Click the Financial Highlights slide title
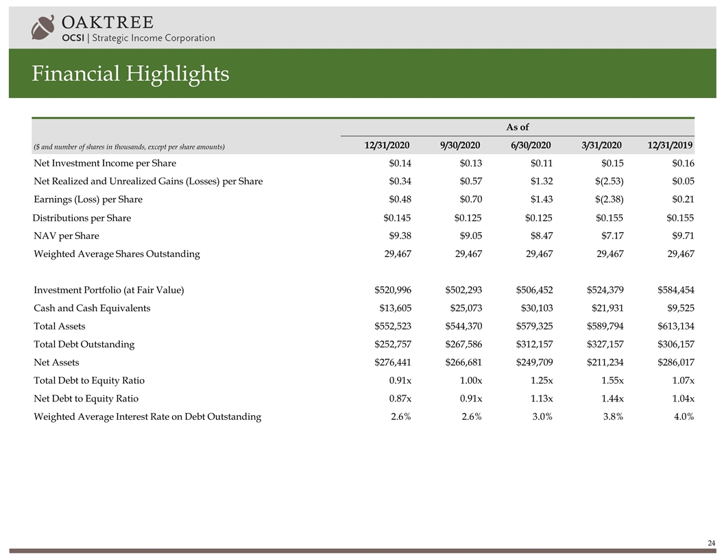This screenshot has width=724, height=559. pyautogui.click(x=130, y=73)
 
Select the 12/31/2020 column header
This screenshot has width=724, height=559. pyautogui.click(x=387, y=145)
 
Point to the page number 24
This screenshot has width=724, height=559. pyautogui.click(x=711, y=543)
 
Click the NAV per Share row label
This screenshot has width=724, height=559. pyautogui.click(x=66, y=236)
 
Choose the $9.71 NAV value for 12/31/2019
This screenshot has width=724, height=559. pyautogui.click(x=679, y=236)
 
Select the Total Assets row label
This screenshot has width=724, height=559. pyautogui.click(x=60, y=326)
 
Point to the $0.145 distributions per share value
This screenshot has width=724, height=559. pyautogui.click(x=396, y=218)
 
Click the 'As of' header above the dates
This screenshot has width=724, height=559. pyautogui.click(x=517, y=127)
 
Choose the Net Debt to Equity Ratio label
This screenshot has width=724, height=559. pyautogui.click(x=86, y=398)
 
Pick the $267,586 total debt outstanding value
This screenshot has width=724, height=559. pyautogui.click(x=463, y=344)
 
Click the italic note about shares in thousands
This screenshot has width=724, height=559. pyautogui.click(x=130, y=147)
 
